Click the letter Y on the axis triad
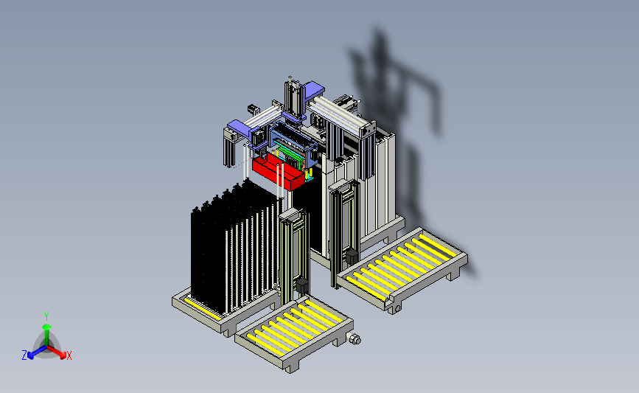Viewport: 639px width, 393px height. [x=46, y=316]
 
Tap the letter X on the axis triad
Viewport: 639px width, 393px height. [x=69, y=355]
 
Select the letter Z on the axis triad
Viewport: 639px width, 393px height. [x=24, y=355]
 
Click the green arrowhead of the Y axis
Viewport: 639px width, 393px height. [x=47, y=327]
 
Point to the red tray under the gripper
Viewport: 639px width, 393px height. [x=278, y=171]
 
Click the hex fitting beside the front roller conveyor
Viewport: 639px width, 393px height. [x=355, y=338]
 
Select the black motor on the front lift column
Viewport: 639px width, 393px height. [x=302, y=285]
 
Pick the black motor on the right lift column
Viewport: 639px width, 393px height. [x=352, y=257]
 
